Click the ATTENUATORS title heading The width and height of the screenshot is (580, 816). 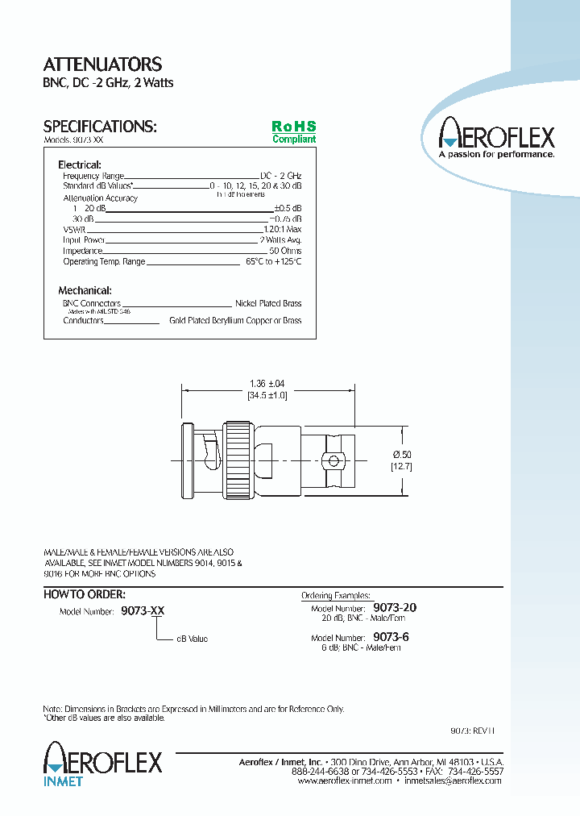click(102, 65)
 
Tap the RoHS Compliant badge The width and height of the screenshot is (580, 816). click(293, 132)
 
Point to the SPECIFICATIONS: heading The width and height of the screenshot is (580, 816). click(99, 127)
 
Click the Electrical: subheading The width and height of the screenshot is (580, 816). click(80, 164)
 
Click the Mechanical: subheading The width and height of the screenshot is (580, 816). click(85, 290)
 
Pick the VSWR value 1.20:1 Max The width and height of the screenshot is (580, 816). click(282, 229)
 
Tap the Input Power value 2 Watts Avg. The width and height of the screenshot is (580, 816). click(280, 240)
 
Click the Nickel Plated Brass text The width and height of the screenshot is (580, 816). click(268, 303)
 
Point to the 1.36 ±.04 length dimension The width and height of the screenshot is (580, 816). click(267, 383)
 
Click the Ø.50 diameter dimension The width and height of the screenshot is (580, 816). click(401, 455)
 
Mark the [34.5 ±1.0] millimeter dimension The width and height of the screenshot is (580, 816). click(267, 395)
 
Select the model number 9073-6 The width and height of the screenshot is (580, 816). click(391, 637)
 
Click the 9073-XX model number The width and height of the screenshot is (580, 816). click(143, 611)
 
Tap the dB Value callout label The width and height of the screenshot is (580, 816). click(192, 639)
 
